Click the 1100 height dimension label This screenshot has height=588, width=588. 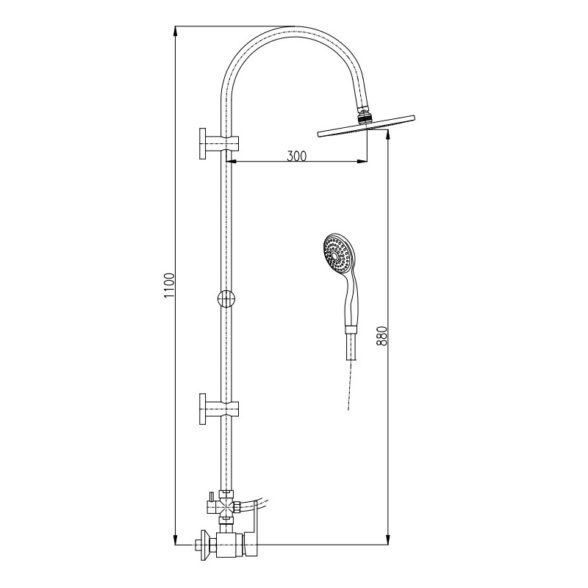click(x=170, y=286)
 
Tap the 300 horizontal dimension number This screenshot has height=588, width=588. click(x=296, y=156)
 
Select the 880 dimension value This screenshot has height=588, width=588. click(x=381, y=336)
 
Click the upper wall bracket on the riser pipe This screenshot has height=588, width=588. click(x=219, y=143)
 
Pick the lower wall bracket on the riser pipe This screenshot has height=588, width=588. click(x=219, y=409)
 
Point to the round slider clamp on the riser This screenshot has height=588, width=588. click(x=226, y=298)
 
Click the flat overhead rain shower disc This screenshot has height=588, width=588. click(x=366, y=126)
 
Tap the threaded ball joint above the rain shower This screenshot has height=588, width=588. click(x=363, y=116)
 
